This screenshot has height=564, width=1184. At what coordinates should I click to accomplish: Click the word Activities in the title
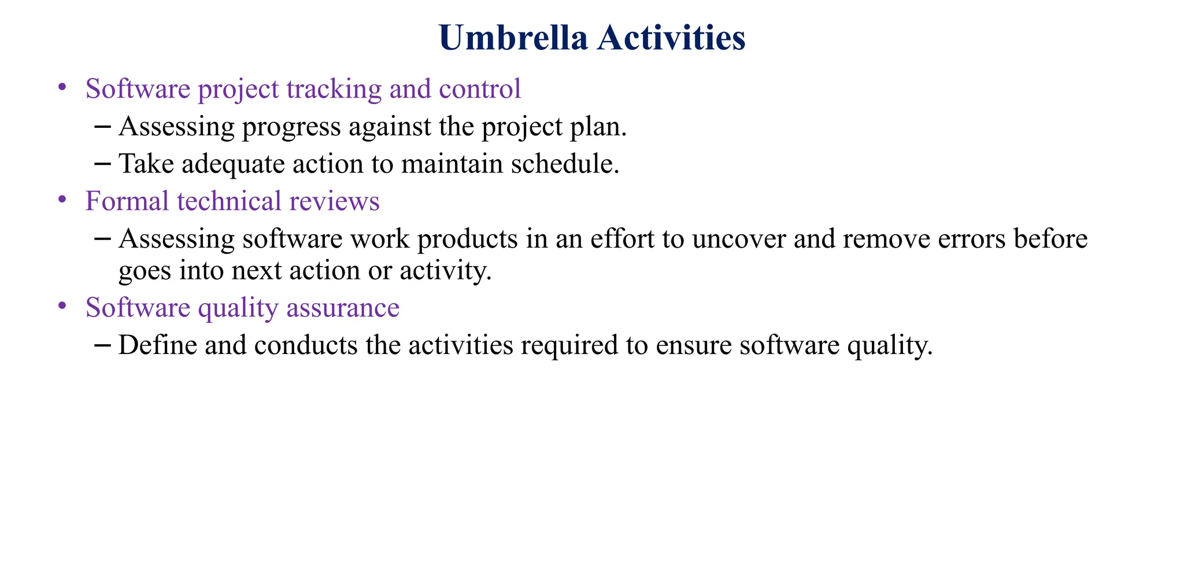pyautogui.click(x=671, y=39)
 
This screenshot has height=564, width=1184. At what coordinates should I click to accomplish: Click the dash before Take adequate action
pyautogui.click(x=102, y=164)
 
